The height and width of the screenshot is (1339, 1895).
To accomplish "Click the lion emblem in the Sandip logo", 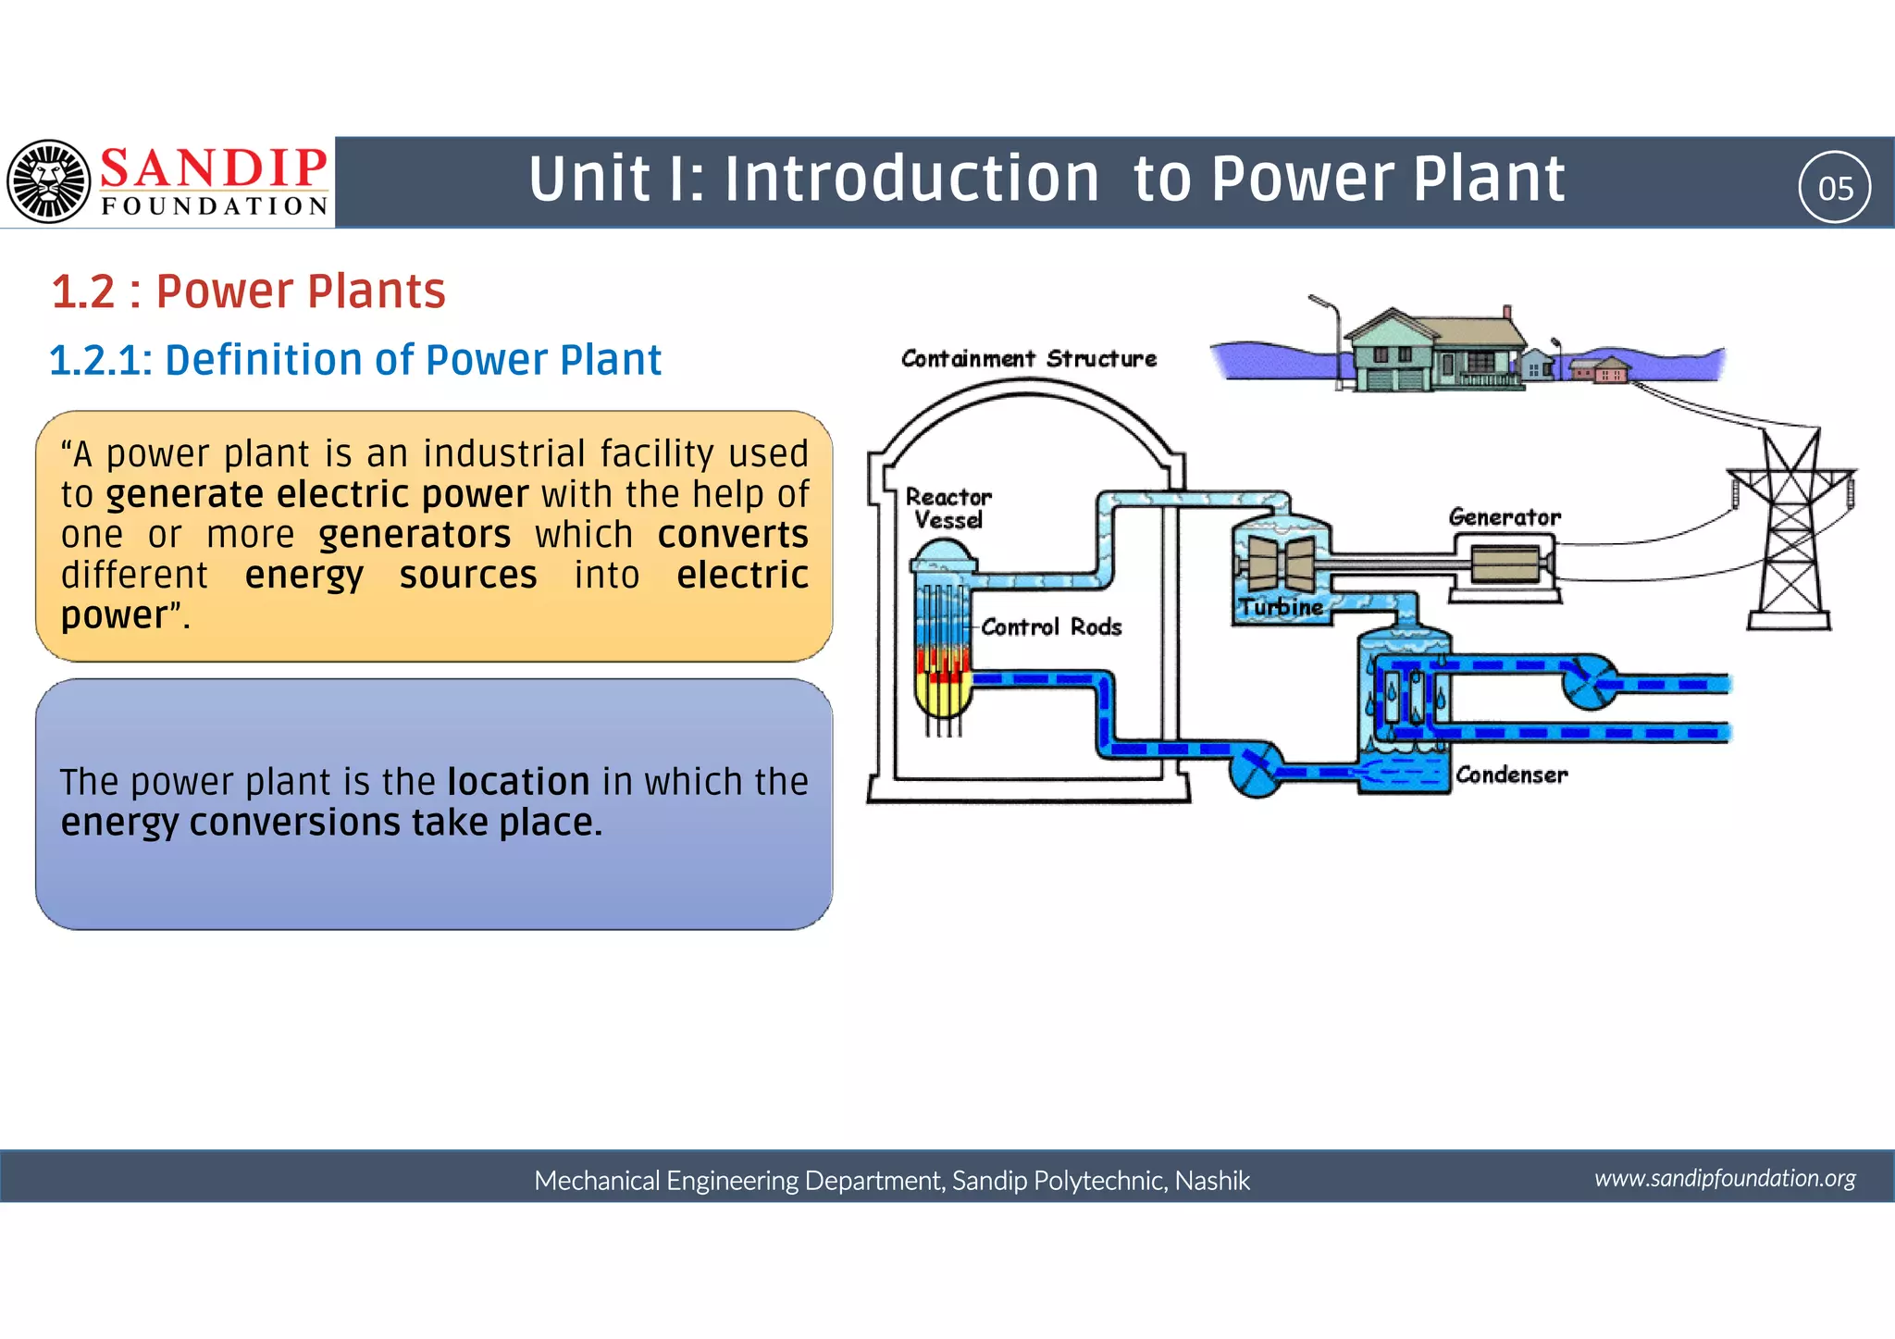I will tap(49, 181).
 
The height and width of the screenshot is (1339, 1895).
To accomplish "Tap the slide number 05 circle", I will tap(1834, 188).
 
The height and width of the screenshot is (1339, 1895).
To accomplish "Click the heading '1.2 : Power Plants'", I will tap(248, 291).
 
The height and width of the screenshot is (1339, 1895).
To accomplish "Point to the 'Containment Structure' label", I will tap(1028, 359).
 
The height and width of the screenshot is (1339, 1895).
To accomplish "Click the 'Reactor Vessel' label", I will tap(947, 509).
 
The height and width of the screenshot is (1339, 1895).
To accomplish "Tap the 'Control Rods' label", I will tap(1051, 627).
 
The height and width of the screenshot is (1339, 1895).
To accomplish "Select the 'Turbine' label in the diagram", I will tap(1281, 608).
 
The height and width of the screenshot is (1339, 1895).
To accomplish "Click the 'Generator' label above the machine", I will tap(1504, 517).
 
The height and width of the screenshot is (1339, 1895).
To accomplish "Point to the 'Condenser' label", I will tap(1511, 775).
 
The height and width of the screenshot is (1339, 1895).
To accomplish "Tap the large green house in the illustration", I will tap(1435, 353).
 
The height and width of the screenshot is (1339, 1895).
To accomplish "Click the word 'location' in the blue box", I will tap(518, 782).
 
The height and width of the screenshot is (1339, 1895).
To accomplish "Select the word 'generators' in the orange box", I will tap(415, 535).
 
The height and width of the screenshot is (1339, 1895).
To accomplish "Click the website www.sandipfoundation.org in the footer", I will tap(1725, 1178).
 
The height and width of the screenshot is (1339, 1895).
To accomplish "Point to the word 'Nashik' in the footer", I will tap(1212, 1181).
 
